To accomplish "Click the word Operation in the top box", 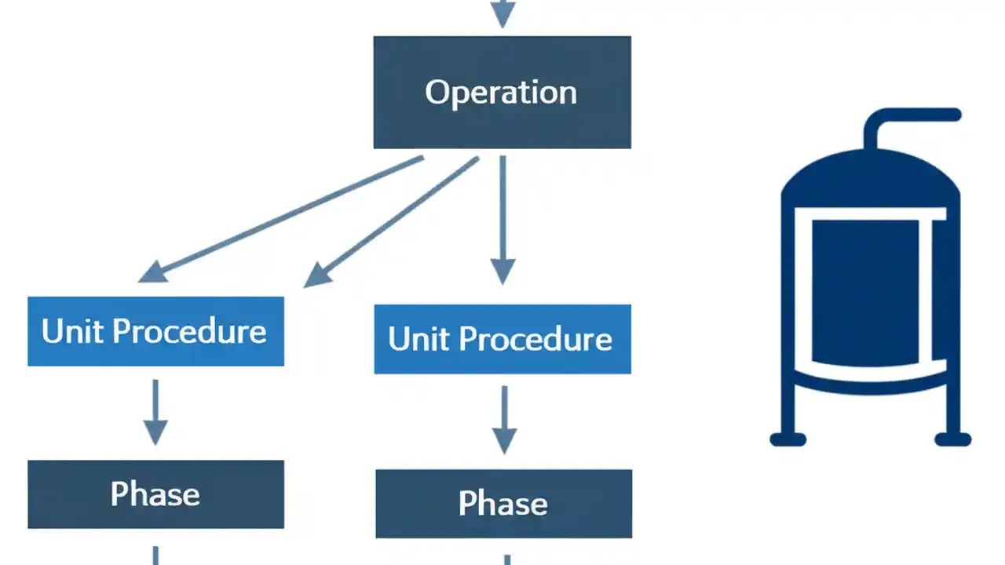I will click(x=501, y=93).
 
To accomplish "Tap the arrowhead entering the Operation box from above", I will click(x=502, y=14).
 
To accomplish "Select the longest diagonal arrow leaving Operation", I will click(x=283, y=218).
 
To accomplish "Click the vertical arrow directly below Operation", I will click(x=502, y=220).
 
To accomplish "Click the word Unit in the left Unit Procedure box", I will click(x=73, y=331).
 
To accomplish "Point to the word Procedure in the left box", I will click(x=189, y=331).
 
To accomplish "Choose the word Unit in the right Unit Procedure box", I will click(x=419, y=339).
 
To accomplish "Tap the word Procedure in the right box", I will click(x=535, y=339).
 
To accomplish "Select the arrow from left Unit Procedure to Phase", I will click(x=155, y=412).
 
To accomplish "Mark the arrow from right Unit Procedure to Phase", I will click(x=503, y=420).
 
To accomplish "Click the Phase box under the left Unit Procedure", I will click(x=155, y=494).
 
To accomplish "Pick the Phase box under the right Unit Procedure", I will click(x=503, y=504).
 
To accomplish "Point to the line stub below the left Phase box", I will click(x=155, y=556).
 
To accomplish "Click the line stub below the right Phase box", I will click(x=506, y=560).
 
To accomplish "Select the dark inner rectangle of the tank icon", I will click(x=864, y=292).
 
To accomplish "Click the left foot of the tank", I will click(x=788, y=438).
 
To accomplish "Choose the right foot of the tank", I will click(x=953, y=438).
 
